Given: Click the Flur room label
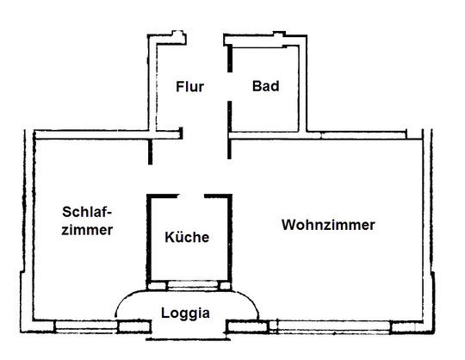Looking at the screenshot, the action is (x=189, y=87).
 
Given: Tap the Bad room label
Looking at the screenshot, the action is (x=266, y=86).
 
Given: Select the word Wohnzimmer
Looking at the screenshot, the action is (x=328, y=225).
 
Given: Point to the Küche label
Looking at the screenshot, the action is (x=187, y=237).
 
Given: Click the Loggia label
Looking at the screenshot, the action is (x=186, y=313).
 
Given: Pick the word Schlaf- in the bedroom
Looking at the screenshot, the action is (x=87, y=212).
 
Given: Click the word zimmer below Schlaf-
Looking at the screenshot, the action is (x=87, y=230).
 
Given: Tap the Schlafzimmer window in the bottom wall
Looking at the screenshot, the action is (x=86, y=326).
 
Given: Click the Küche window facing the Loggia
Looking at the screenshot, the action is (x=193, y=286).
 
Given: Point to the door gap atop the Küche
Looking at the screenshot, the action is (x=191, y=196).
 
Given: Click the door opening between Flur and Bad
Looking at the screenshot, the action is (x=230, y=87).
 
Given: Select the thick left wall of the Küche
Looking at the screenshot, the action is (x=149, y=238).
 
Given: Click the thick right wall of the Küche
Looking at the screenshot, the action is (x=230, y=238).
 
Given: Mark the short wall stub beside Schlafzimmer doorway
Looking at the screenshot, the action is (x=151, y=152).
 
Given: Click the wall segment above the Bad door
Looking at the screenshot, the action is (x=230, y=59).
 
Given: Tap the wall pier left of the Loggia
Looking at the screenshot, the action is (x=134, y=326).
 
